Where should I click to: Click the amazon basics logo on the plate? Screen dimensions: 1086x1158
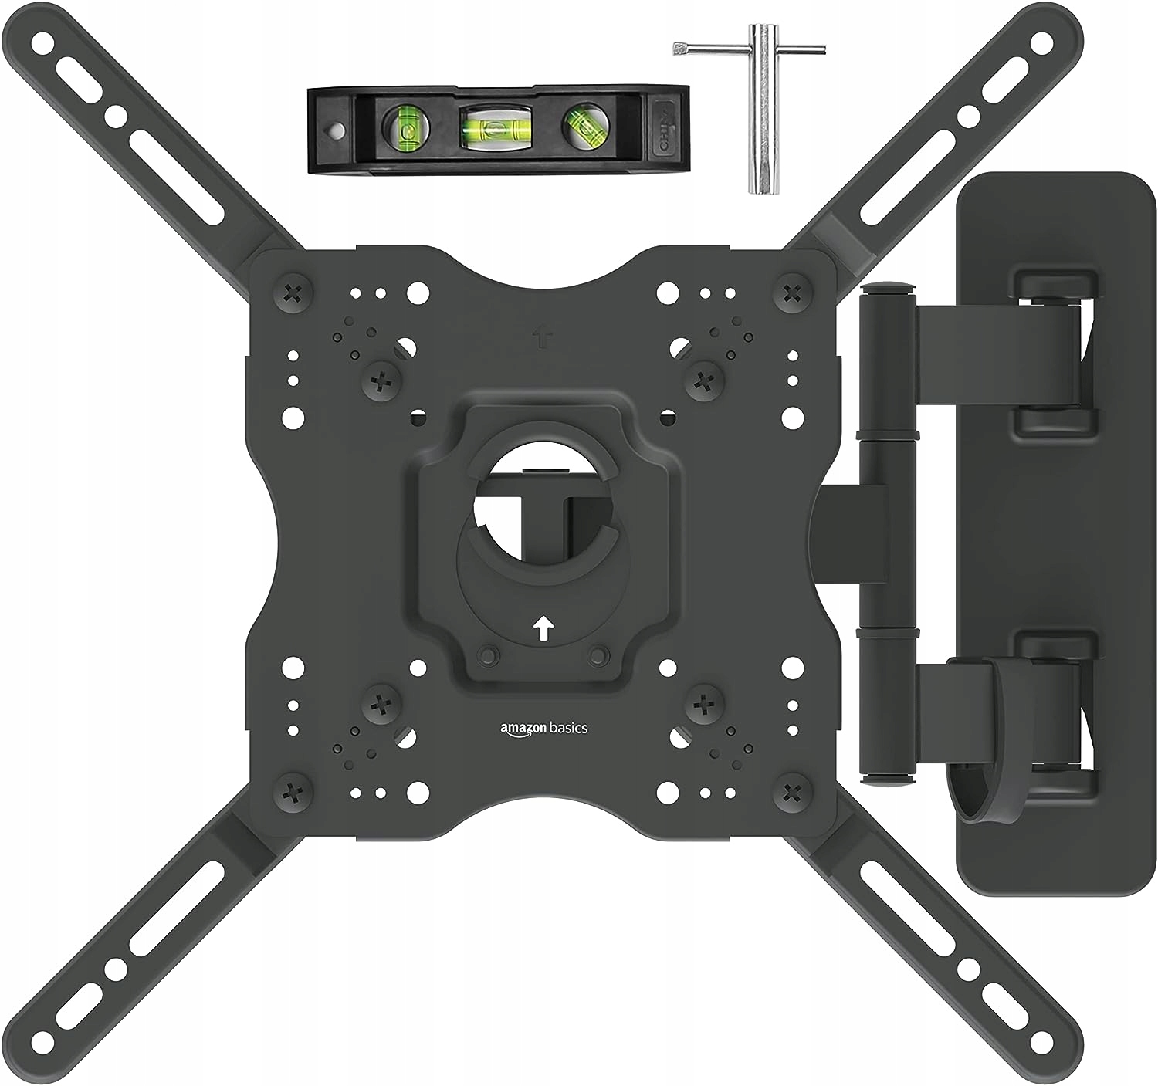(543, 728)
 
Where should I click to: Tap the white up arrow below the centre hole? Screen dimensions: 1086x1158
(543, 628)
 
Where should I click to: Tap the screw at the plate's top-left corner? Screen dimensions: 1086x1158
(295, 293)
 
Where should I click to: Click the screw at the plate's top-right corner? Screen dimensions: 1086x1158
(791, 293)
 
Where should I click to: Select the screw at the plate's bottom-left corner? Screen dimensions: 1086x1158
(295, 790)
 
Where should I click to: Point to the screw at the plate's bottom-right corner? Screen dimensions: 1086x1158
(791, 790)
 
